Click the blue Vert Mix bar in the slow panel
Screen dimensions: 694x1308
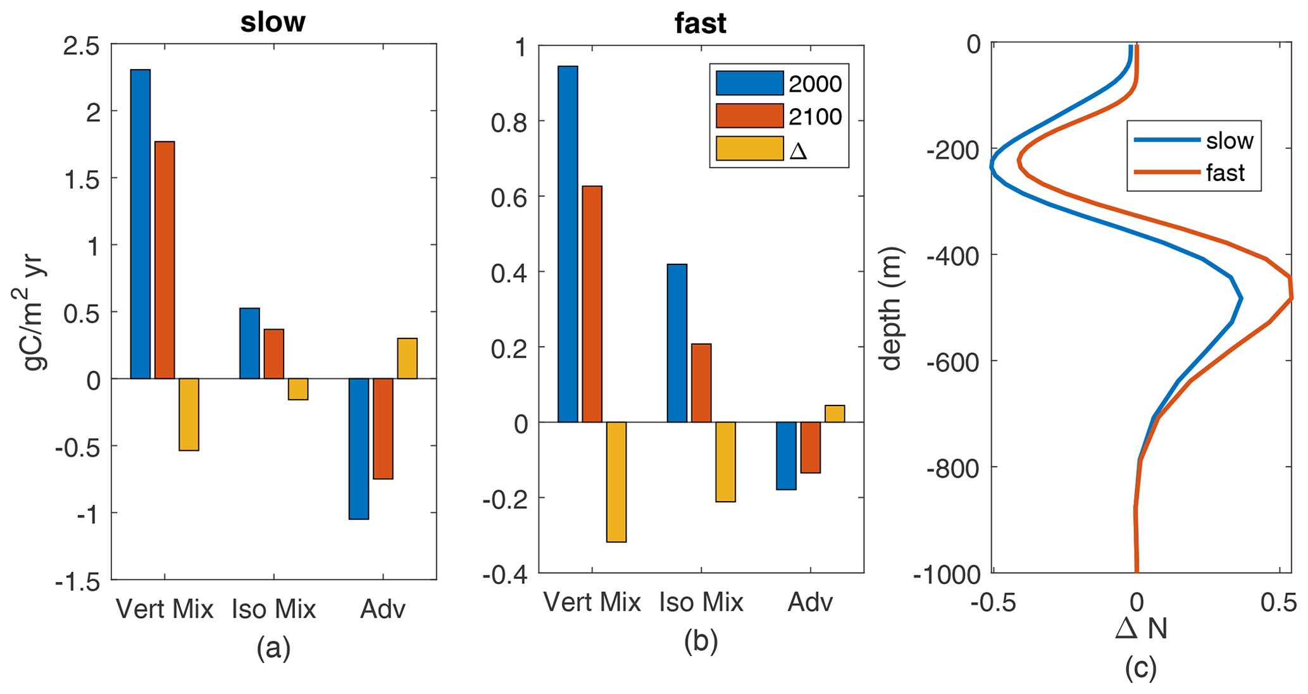tap(140, 224)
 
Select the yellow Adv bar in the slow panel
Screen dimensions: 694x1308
tap(408, 359)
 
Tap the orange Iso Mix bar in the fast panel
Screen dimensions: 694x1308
tap(701, 383)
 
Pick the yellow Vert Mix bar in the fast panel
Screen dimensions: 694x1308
tap(616, 481)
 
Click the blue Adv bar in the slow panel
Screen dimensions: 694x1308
tap(359, 449)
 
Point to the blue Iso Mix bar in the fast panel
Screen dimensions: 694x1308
tap(677, 343)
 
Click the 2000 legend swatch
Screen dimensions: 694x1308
tap(749, 84)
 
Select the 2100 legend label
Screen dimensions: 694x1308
tap(815, 116)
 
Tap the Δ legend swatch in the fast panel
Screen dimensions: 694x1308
tap(749, 149)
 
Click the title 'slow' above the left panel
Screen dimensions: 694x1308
tap(273, 23)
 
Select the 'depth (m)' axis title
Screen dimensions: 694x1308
tap(891, 308)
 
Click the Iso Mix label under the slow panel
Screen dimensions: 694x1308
tap(273, 609)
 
